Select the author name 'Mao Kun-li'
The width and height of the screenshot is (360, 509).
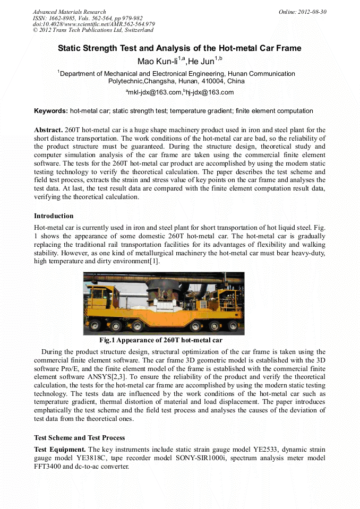point(158,62)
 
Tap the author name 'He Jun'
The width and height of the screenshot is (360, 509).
point(200,62)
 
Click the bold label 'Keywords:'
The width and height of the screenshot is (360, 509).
point(51,111)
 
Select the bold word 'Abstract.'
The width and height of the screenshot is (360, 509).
point(48,130)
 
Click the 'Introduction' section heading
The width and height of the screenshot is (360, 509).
point(54,216)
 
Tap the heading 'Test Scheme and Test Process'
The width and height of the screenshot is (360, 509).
point(80,438)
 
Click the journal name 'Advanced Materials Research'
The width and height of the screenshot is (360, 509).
point(69,12)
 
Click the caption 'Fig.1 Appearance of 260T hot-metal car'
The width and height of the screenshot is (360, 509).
point(161,340)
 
